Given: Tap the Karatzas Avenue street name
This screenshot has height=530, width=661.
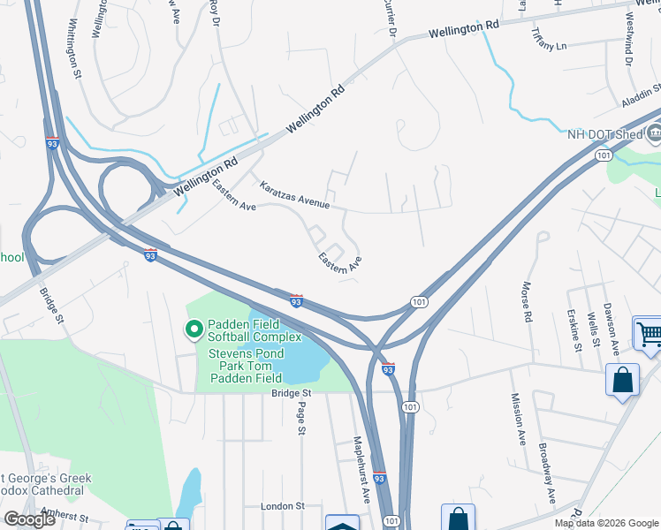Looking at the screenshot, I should (x=294, y=196).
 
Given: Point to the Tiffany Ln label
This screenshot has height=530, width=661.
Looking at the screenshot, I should (x=549, y=38).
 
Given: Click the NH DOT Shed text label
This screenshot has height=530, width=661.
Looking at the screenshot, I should (x=604, y=134).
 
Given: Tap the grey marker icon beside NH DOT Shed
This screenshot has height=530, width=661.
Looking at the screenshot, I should (x=653, y=134).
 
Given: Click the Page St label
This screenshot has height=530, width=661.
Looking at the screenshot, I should (x=301, y=419).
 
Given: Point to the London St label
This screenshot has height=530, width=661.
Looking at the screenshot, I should (x=283, y=506).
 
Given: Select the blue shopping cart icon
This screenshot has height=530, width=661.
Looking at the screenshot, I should (x=649, y=335).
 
